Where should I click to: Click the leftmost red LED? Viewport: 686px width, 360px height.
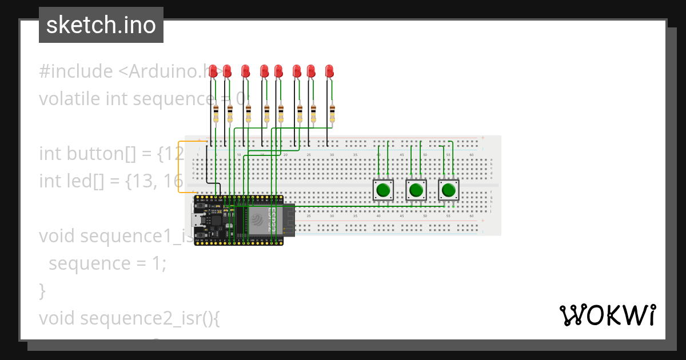213,70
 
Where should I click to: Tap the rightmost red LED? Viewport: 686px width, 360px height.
329,71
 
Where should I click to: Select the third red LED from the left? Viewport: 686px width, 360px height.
246,71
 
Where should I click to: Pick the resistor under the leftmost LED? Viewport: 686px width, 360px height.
216,113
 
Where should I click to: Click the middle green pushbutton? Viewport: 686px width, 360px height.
416,190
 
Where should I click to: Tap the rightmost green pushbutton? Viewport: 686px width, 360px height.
449,190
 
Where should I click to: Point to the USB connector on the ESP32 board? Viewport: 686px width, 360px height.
197,221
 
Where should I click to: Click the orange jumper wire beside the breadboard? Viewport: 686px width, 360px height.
179,166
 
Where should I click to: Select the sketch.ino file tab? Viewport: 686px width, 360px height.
101,25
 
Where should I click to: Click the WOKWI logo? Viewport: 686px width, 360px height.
607,315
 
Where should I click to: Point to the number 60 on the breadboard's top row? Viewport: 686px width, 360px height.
471,155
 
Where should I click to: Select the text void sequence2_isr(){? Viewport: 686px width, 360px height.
129,318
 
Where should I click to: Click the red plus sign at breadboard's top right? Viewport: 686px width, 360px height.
484,138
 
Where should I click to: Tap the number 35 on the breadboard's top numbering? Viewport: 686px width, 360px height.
355,155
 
